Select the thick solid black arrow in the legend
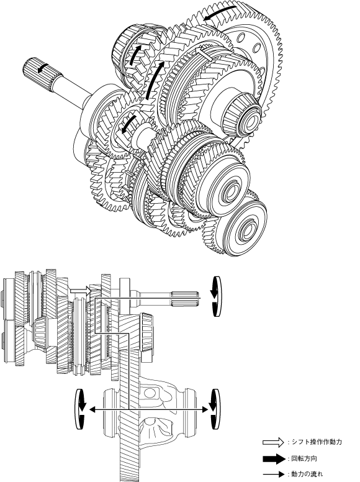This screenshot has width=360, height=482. [274, 459]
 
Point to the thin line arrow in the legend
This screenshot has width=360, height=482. [274, 475]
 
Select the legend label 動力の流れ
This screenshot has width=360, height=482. [307, 475]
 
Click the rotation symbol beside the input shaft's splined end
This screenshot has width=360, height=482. [216, 296]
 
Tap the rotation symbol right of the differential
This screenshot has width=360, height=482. [215, 409]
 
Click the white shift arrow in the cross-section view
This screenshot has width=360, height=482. [80, 291]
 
